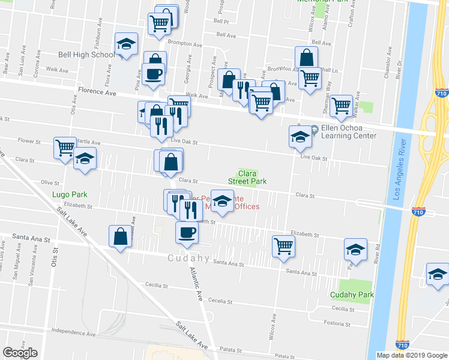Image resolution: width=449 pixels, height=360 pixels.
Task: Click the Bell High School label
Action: pos(86,55)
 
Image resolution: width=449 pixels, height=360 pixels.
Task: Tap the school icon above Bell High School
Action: pos(126,44)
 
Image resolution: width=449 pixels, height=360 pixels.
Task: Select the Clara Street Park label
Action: pos(246,176)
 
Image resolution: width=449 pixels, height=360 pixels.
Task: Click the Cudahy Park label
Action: pos(356,295)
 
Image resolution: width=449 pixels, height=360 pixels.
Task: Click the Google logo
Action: pos(20,353)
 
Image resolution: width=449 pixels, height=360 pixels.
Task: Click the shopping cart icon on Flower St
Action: pos(64,148)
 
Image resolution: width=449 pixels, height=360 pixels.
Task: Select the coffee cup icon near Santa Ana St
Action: pos(186,232)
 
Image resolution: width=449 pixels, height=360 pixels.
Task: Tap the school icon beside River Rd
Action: pos(355,250)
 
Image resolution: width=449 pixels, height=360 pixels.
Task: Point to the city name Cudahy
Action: pos(187,259)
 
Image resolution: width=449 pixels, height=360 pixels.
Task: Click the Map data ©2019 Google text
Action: pos(411,355)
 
